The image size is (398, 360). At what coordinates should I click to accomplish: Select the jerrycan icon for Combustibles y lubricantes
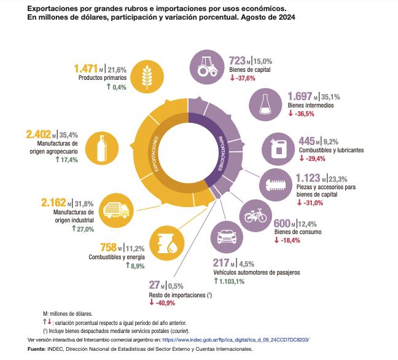(x=276, y=147)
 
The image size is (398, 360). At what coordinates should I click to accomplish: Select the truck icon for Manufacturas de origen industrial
(x=115, y=210)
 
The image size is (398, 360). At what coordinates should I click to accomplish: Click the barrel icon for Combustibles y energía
(x=168, y=243)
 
